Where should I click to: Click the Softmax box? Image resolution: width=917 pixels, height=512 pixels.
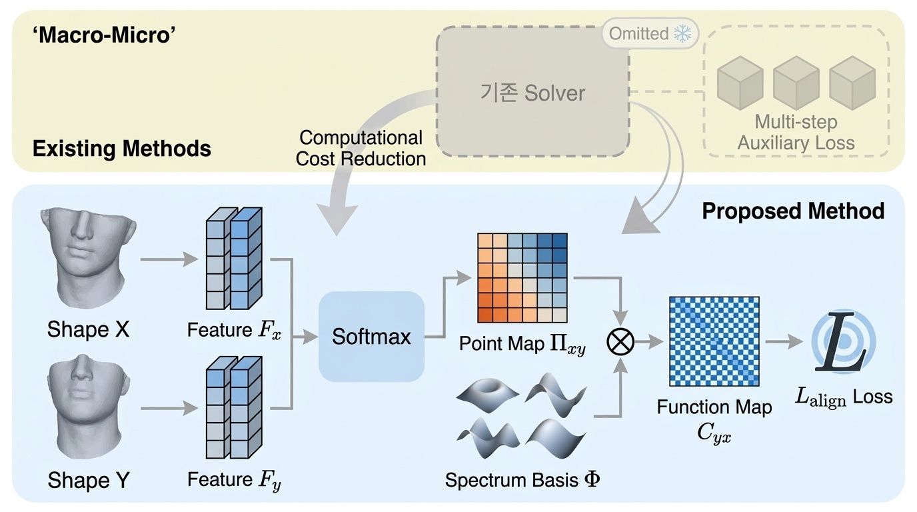(371, 337)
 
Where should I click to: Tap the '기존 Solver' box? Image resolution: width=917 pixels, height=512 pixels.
(532, 93)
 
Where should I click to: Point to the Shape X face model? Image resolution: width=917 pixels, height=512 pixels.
(87, 256)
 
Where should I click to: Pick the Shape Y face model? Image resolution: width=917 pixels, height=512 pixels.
(87, 407)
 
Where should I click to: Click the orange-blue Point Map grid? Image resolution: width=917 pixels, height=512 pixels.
(522, 278)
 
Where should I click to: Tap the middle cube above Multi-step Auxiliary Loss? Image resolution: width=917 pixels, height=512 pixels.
(796, 83)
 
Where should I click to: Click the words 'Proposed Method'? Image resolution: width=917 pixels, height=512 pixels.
(793, 211)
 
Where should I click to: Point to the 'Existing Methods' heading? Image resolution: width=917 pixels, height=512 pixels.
(122, 148)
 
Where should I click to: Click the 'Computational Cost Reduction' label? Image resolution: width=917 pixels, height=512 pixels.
(361, 149)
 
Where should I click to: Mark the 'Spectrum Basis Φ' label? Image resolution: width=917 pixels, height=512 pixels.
(522, 480)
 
